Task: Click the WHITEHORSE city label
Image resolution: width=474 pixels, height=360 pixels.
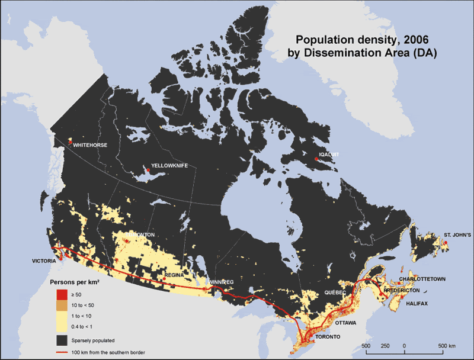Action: click(89, 144)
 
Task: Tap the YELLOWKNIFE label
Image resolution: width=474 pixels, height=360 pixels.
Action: click(169, 166)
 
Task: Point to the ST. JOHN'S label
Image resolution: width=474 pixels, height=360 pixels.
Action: click(457, 235)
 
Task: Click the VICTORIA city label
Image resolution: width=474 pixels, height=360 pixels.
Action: click(44, 261)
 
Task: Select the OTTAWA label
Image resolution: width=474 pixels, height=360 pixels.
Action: click(345, 323)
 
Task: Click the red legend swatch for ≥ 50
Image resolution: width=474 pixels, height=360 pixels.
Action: click(61, 294)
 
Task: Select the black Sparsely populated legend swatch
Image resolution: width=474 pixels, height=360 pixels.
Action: click(61, 340)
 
